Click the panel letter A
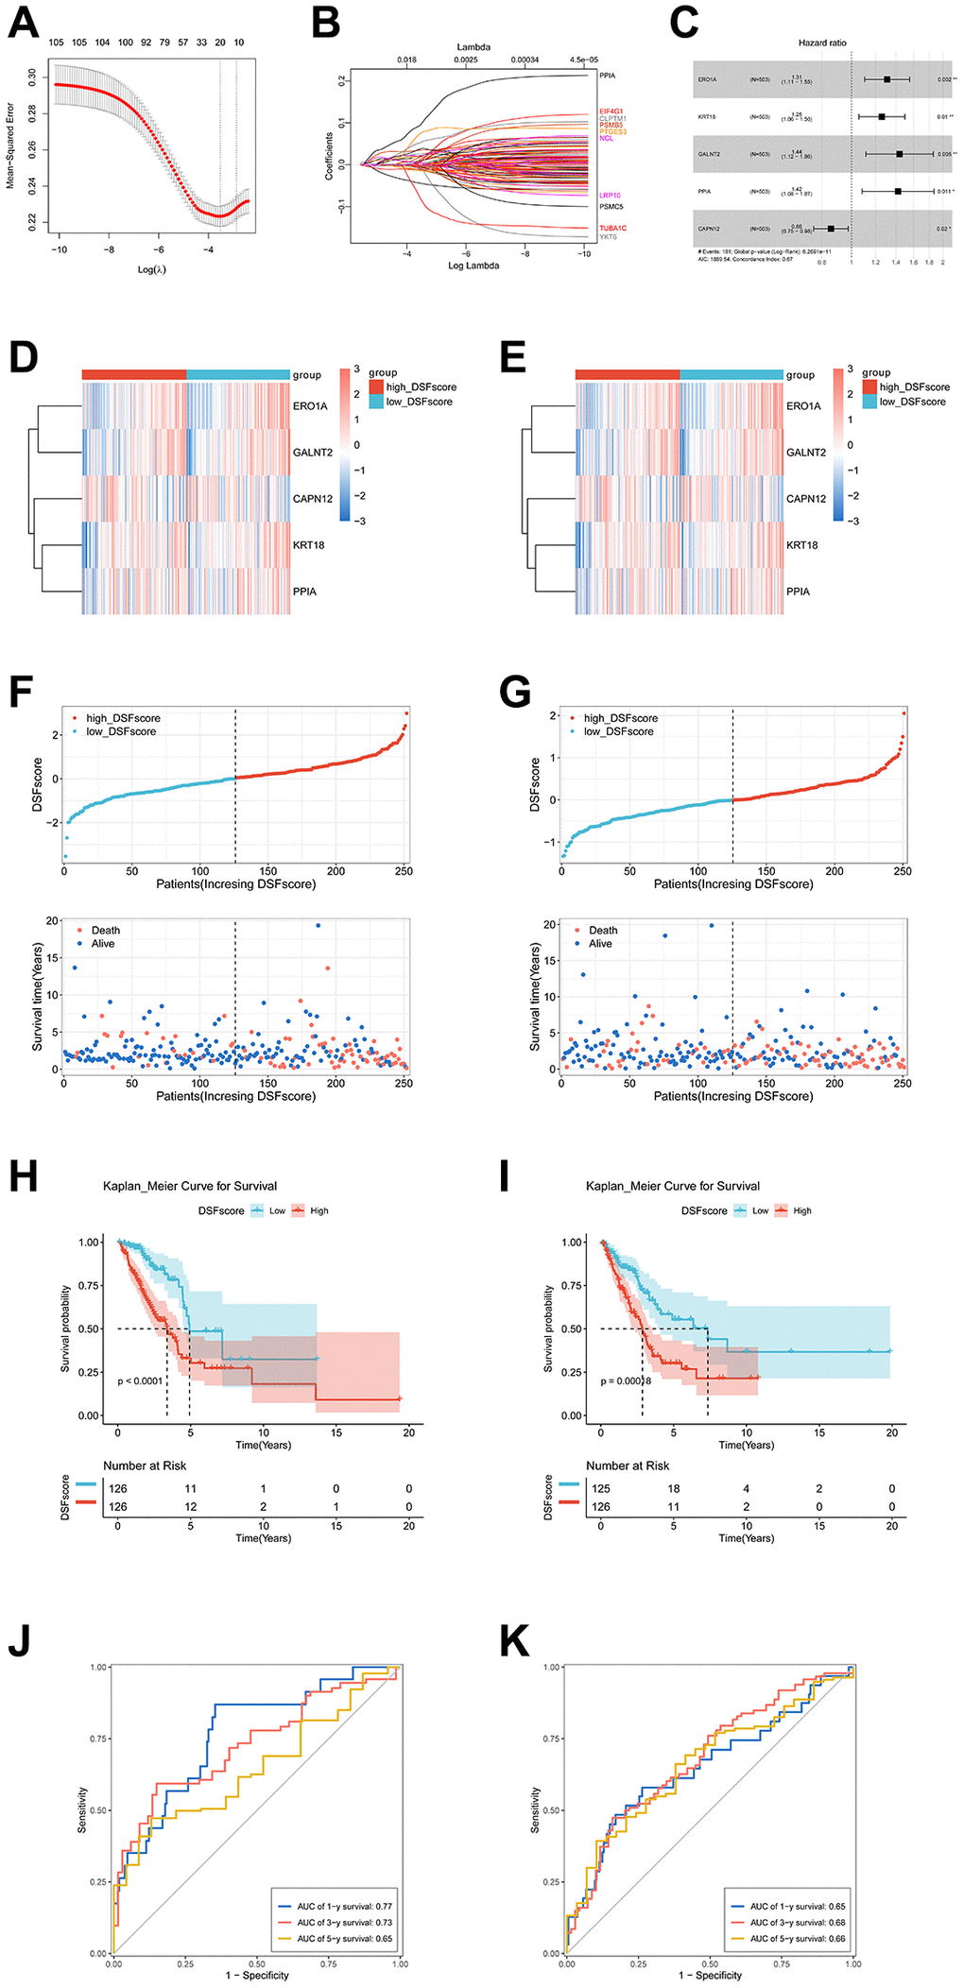pyautogui.click(x=23, y=23)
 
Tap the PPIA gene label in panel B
pyautogui.click(x=607, y=76)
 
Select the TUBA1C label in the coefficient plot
pyautogui.click(x=612, y=229)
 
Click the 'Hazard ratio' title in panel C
pyautogui.click(x=822, y=43)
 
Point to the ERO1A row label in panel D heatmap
pyautogui.click(x=310, y=406)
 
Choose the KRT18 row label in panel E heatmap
pyautogui.click(x=802, y=545)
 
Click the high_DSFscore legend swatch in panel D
pyautogui.click(x=376, y=387)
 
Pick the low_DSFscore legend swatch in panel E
pyautogui.click(x=869, y=402)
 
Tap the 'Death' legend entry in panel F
pyautogui.click(x=105, y=931)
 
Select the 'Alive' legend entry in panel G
pyautogui.click(x=600, y=944)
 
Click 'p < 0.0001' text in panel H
pyautogui.click(x=140, y=1381)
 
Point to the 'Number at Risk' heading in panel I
pyautogui.click(x=628, y=1465)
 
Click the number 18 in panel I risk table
pyautogui.click(x=674, y=1488)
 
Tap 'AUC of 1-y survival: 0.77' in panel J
pyautogui.click(x=344, y=1907)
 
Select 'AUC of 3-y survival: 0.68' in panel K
pyautogui.click(x=798, y=1923)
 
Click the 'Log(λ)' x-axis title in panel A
pyautogui.click(x=152, y=269)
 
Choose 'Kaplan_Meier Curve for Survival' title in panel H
pyautogui.click(x=190, y=1186)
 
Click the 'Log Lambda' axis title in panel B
pyautogui.click(x=473, y=266)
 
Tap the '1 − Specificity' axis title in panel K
pyautogui.click(x=710, y=1976)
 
